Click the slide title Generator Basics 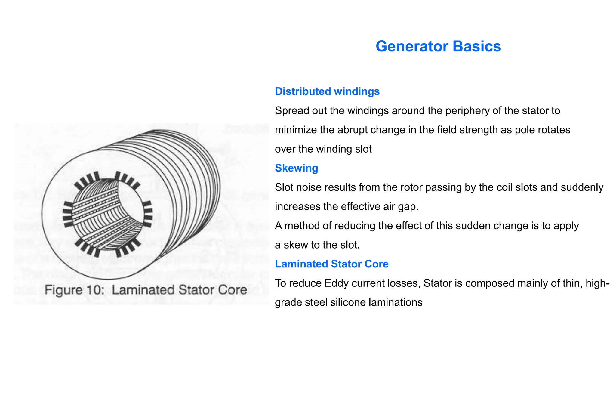pyautogui.click(x=438, y=46)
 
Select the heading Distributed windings pyautogui.click(x=327, y=91)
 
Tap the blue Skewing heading pyautogui.click(x=296, y=168)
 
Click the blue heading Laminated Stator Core pyautogui.click(x=332, y=264)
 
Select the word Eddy pyautogui.click(x=332, y=283)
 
